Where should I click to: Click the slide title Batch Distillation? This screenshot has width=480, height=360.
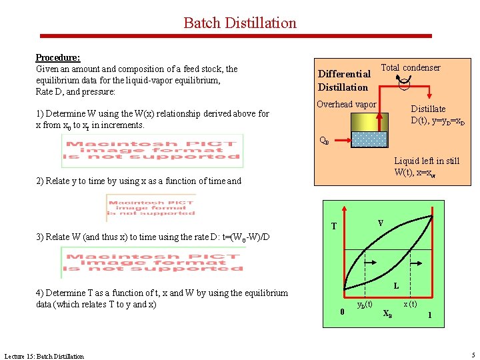coord(239,23)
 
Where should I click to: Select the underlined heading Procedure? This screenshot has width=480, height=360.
coord(57,58)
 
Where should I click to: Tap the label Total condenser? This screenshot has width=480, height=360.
coord(410,67)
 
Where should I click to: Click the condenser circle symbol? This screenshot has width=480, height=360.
coord(405,83)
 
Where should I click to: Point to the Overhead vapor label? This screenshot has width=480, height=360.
coord(346,105)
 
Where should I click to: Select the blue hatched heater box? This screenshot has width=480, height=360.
coord(369,139)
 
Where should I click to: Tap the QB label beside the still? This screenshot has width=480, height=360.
coord(323,141)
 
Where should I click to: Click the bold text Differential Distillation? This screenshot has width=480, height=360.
coord(343,81)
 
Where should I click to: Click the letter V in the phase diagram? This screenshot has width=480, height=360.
coord(380,223)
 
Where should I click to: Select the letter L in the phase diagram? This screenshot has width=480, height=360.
coord(396,286)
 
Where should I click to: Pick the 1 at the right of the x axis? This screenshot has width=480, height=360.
coord(429,314)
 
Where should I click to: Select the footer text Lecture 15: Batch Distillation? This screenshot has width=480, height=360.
coord(44,356)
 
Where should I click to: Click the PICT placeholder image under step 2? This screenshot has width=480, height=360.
coord(150,207)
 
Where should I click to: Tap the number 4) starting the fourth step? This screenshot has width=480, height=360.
coord(39,293)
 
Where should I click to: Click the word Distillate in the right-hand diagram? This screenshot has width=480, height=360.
coord(428,109)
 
